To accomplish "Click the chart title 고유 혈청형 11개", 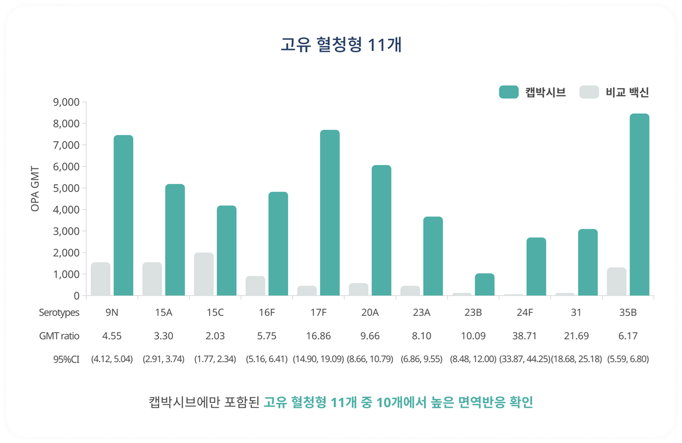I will coord(341,45).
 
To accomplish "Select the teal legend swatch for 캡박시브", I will coord(509,92).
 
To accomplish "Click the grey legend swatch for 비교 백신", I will coord(589,92).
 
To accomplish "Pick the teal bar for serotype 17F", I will coord(330,213).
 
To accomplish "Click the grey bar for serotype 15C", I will coord(204,274).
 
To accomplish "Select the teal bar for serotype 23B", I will coord(485,284).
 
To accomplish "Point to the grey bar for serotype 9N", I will coord(100,279).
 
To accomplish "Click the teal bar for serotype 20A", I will coord(381,231).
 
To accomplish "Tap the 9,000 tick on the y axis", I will coord(66,102).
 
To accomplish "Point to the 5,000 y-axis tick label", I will coord(66,188).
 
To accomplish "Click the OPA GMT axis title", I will coord(35,189).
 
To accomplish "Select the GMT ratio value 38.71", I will coord(524,336).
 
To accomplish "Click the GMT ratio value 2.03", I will coord(215,336).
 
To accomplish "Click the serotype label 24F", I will coord(524,313).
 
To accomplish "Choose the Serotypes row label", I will coord(59,313).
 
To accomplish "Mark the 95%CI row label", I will coord(66,359).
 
